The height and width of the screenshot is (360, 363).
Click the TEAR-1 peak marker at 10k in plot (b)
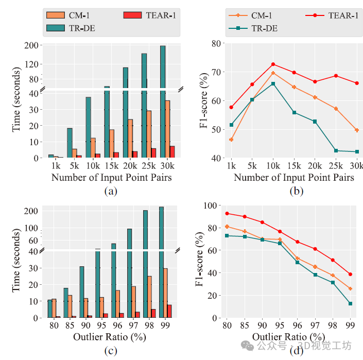pos(273,64)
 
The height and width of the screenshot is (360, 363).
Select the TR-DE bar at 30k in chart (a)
pos(163,103)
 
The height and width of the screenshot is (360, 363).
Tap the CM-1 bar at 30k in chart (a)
pos(168,129)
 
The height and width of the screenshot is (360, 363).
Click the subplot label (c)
pos(111,352)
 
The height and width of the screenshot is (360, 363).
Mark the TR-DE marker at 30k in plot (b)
pos(356,151)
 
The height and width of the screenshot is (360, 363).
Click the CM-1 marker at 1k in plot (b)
pos(231,140)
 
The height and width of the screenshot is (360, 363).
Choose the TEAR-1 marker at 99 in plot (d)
pos(351,274)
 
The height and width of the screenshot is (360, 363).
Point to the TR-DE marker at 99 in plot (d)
pos(351,304)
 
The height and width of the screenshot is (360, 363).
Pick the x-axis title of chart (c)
pos(111,337)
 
